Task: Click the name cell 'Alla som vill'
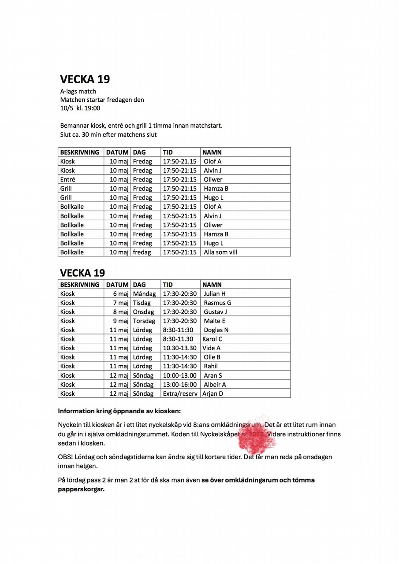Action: point(220,252)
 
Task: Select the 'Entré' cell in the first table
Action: point(68,179)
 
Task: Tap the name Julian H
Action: point(215,294)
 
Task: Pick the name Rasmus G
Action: point(217,303)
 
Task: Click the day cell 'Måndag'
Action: point(145,294)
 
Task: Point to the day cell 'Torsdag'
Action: point(144,321)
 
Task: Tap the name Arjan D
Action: point(213,393)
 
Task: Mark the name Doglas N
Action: point(216,330)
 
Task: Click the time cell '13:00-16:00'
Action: point(180,385)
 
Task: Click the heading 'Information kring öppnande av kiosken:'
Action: point(119,412)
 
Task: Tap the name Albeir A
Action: point(215,385)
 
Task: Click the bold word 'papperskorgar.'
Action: point(82,489)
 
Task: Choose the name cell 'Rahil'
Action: point(211,366)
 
